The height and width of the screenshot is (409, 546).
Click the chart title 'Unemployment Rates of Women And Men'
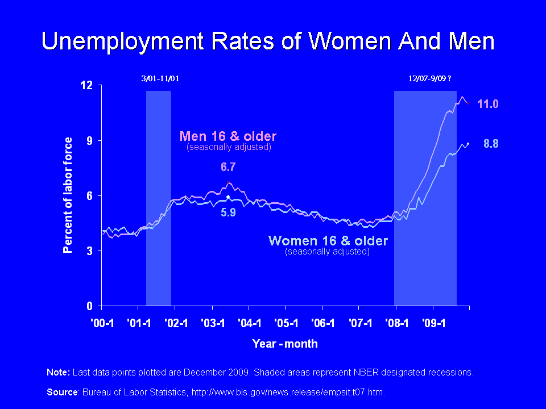click(x=268, y=41)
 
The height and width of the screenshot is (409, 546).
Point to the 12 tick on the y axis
click(x=87, y=85)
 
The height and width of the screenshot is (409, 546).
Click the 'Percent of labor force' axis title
click(x=68, y=195)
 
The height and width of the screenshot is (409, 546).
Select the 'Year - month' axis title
click(x=285, y=344)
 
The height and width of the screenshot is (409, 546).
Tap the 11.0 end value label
click(x=487, y=104)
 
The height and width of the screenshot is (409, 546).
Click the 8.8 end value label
click(x=491, y=144)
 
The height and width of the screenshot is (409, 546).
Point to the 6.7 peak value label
click(x=228, y=168)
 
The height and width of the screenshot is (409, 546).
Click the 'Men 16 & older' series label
click(x=228, y=136)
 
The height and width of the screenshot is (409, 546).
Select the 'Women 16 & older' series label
click(x=328, y=241)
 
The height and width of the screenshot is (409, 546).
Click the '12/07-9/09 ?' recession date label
click(x=431, y=78)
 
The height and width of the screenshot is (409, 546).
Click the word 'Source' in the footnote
click(x=61, y=392)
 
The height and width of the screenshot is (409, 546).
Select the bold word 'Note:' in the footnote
click(x=58, y=373)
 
